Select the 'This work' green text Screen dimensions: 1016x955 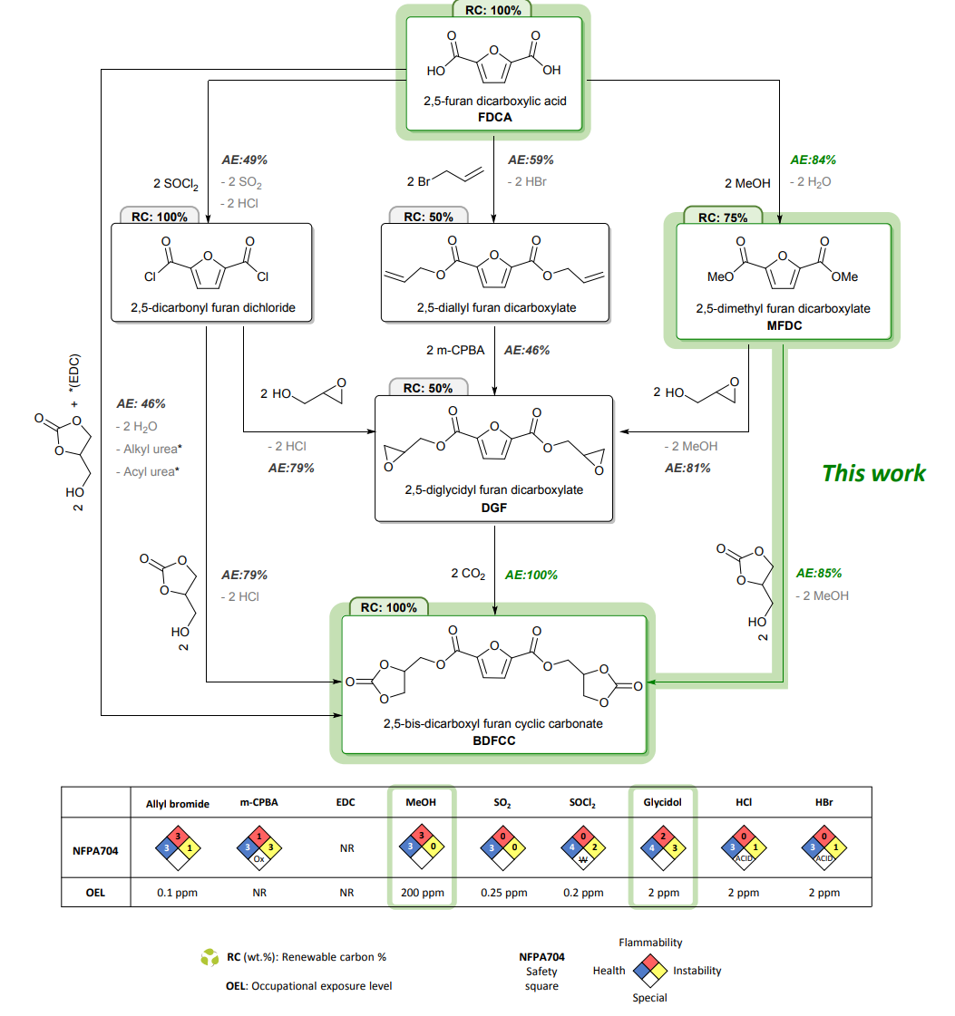point(873,472)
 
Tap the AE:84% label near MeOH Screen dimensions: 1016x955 point(814,160)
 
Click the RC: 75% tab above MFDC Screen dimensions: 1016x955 point(722,217)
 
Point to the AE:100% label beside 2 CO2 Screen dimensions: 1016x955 point(531,575)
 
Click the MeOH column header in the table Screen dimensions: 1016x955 point(422,803)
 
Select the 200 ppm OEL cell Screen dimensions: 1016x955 point(422,892)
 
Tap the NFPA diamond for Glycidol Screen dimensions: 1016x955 point(662,847)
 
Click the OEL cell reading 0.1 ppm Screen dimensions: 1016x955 point(178,892)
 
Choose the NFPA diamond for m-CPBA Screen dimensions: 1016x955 point(258,847)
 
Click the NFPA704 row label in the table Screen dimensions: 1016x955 point(95,848)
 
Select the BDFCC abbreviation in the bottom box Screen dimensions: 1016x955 point(494,740)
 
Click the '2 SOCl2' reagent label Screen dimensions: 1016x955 point(177,184)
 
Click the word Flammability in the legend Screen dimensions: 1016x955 point(650,943)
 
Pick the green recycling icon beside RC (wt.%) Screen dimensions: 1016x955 point(210,956)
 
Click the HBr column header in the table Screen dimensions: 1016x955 point(823,803)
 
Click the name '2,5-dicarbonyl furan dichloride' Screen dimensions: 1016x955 point(211,308)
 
